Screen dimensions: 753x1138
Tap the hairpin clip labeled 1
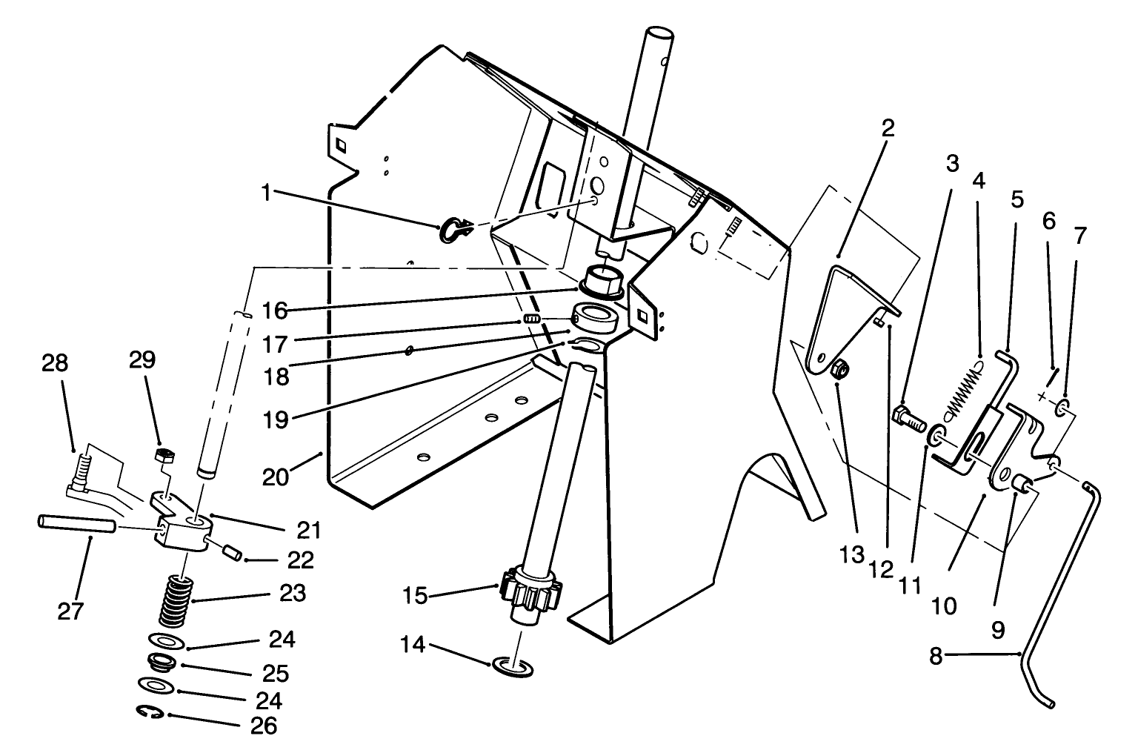[453, 229]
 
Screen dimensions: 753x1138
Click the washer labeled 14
[512, 667]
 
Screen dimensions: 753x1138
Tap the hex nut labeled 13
[840, 368]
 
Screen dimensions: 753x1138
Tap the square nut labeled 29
[164, 454]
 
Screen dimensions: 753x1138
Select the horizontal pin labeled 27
[76, 524]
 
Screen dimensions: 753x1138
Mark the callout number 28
[53, 363]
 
